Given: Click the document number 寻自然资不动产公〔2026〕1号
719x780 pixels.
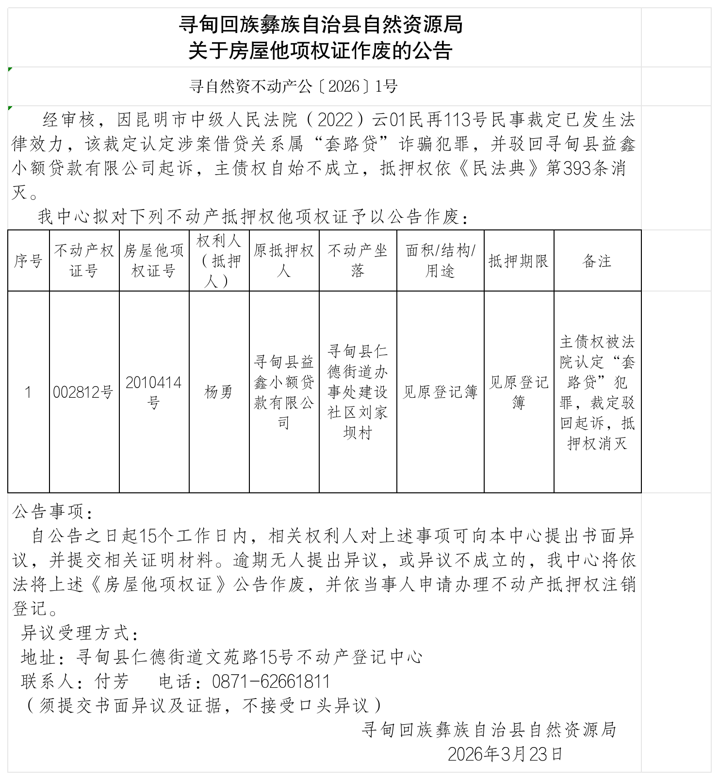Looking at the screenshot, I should [294, 87].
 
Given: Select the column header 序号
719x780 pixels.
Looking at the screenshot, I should [28, 261].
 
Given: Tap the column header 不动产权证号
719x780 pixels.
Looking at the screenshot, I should [84, 261].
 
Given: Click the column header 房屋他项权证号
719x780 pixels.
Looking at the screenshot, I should [154, 261].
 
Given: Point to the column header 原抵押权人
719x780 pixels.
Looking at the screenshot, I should [284, 261].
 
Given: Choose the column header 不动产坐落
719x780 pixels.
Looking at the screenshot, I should [358, 261].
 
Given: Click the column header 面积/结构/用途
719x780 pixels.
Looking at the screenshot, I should [440, 261].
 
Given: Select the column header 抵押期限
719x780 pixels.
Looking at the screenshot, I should [519, 261].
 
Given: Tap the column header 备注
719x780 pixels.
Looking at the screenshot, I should [597, 261].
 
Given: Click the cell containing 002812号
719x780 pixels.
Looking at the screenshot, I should [83, 392].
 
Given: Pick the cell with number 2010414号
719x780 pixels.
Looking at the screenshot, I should [154, 392].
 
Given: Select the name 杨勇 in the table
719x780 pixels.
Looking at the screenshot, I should [219, 392].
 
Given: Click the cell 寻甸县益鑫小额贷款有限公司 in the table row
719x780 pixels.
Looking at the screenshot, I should [284, 392].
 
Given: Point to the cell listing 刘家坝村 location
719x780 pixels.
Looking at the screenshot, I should [358, 392].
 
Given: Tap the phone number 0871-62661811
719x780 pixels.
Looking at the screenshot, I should [271, 682].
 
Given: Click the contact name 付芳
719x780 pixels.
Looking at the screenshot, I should [112, 682].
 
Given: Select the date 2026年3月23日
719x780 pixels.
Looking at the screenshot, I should [505, 754].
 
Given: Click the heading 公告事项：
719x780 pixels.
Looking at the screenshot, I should [52, 512].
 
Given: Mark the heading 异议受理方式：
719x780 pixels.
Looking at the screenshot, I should [81, 633].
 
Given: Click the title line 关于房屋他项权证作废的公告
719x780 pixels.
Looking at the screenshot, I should [321, 51].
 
